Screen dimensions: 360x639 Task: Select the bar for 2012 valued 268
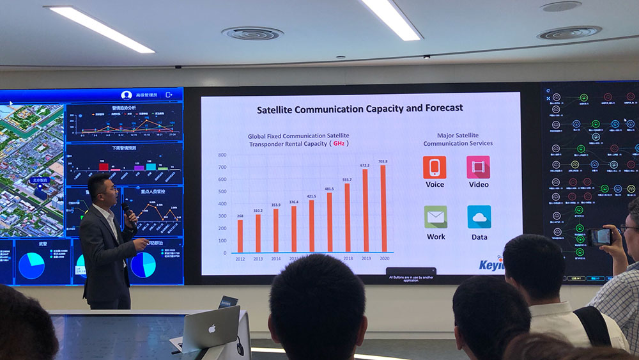coord(240,236)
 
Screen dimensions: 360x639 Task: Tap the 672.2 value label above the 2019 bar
coord(365,164)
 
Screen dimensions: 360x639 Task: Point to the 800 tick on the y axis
coord(222,155)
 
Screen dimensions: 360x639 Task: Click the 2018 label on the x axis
coord(347,259)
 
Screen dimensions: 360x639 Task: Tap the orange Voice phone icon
coord(435,168)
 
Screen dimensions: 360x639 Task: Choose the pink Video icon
coord(478,168)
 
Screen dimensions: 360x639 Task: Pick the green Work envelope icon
coord(435,217)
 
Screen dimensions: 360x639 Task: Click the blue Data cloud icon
coord(479,217)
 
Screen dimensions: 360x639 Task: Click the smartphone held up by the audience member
coord(601,237)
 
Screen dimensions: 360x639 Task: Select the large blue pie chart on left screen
coord(31,265)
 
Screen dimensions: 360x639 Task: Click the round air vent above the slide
coord(252,33)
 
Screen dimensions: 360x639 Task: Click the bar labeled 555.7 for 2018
coord(347,218)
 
